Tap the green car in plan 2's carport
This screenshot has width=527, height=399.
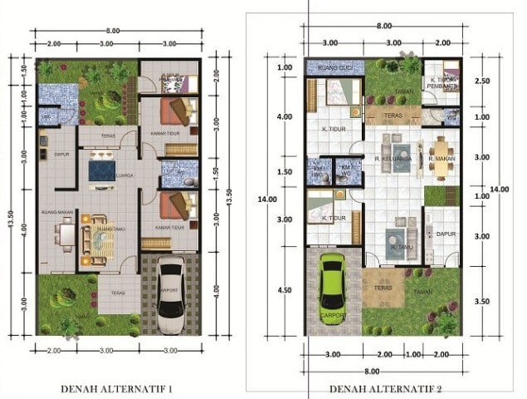pyautogui.click(x=332, y=287)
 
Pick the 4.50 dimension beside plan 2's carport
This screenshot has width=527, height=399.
pyautogui.click(x=285, y=290)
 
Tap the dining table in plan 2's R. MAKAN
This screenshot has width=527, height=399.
pyautogui.click(x=439, y=158)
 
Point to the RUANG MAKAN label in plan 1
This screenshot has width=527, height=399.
pyautogui.click(x=55, y=214)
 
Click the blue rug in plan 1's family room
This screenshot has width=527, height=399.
pyautogui.click(x=104, y=170)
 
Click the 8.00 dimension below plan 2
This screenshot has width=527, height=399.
pyautogui.click(x=371, y=371)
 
